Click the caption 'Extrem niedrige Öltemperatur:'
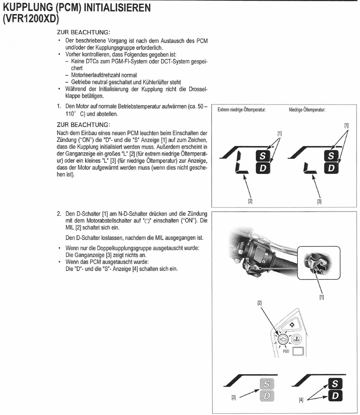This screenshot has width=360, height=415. (241, 110)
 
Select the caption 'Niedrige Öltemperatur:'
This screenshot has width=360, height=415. (307, 110)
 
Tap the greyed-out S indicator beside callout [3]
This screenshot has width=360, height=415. (266, 384)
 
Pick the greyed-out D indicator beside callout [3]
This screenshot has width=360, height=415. (266, 395)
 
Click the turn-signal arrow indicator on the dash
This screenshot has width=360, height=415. (291, 325)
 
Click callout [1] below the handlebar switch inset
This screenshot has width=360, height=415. (322, 296)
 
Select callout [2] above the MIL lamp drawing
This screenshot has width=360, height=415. (259, 303)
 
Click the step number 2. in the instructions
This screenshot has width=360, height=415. (59, 214)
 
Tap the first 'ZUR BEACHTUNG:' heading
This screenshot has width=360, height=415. (83, 33)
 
